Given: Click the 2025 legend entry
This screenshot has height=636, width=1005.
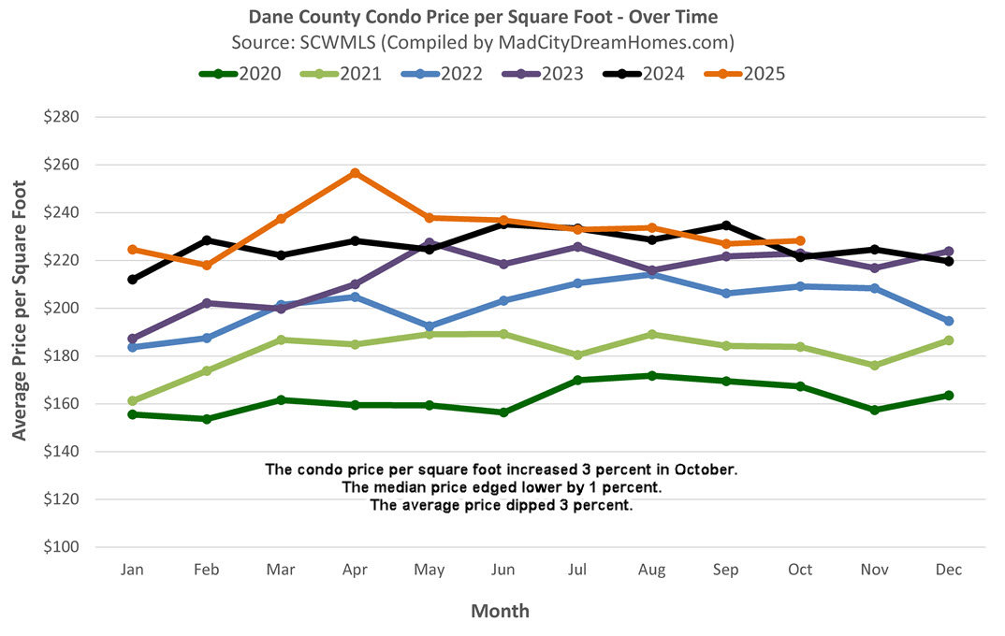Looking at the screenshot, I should point(751,73).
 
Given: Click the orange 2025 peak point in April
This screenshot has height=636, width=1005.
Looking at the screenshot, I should point(355,173).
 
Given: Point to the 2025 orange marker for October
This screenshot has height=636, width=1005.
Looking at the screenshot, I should point(800,240).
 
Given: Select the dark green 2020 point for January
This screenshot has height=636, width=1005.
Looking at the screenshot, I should point(133,414).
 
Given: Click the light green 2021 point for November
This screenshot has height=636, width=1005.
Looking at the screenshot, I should point(874,365).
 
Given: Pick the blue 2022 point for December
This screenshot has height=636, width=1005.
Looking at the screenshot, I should point(948,321).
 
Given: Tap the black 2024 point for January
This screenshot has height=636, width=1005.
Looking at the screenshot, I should point(133,280).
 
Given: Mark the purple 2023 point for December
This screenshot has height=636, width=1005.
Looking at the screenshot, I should point(948,252).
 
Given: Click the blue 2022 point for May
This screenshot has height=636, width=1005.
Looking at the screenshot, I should point(430,326).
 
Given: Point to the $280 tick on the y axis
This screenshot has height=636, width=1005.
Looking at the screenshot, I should point(60,118).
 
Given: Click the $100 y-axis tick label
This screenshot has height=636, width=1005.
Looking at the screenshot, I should point(60,547).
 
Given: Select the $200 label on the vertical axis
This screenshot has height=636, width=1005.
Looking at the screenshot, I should point(60,309).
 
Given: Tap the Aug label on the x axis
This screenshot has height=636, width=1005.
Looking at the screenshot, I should point(651,570).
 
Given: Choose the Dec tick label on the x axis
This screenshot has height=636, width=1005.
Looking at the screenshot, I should point(948,570).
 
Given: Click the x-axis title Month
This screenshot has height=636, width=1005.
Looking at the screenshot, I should point(500,612).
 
